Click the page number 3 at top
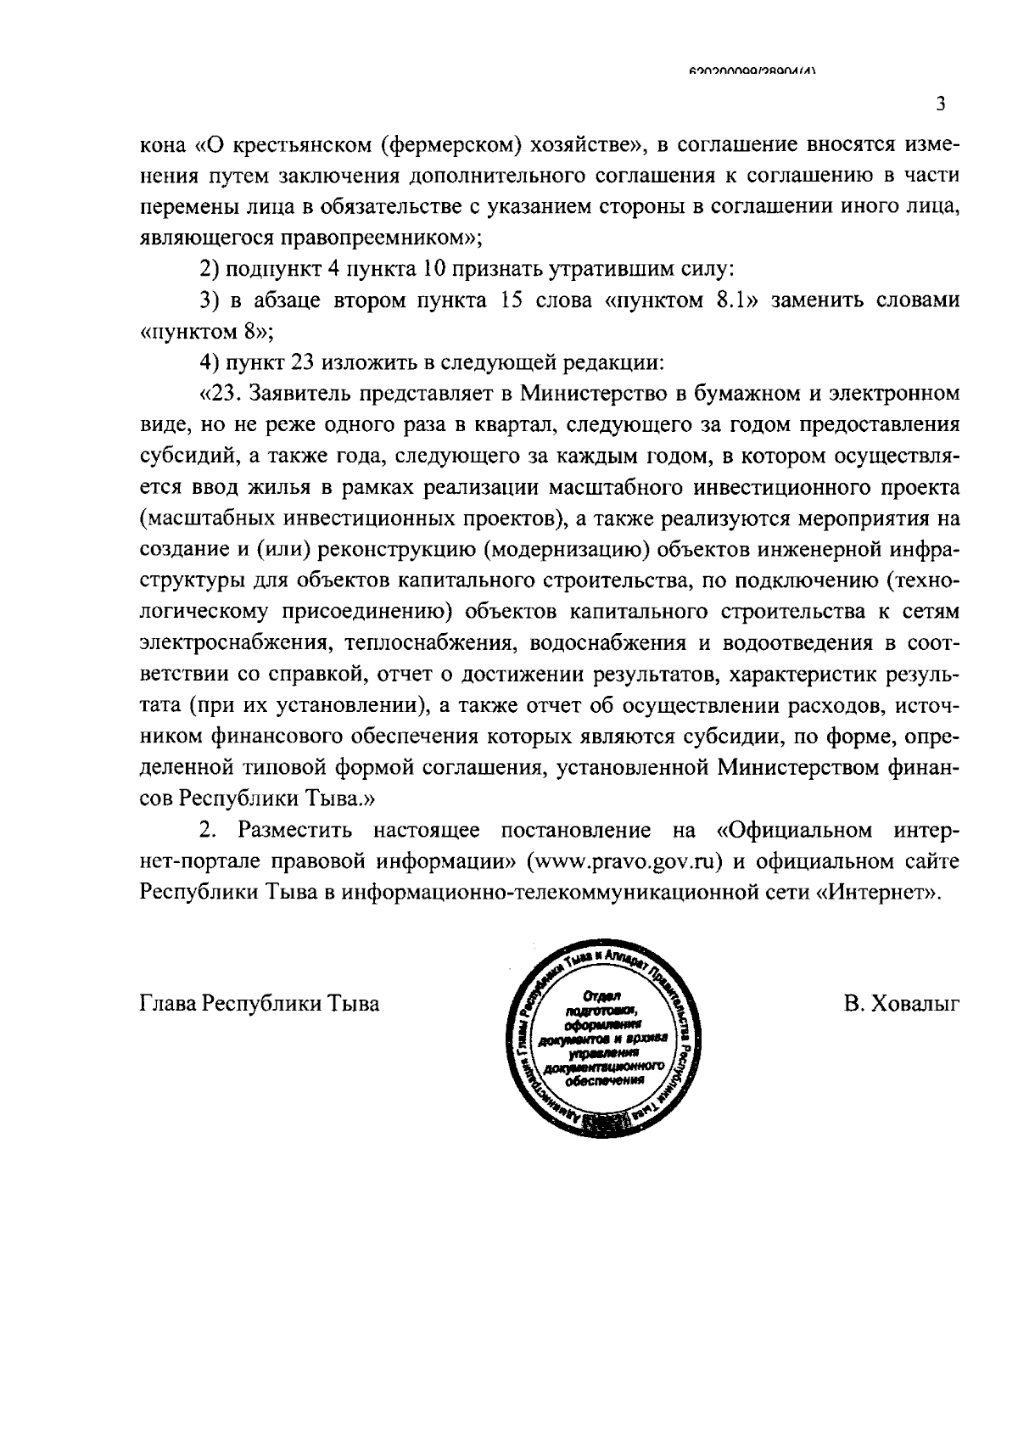pyautogui.click(x=940, y=104)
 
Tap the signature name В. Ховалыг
pyautogui.click(x=901, y=1004)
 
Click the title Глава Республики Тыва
pyautogui.click(x=259, y=1004)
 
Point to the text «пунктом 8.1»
pyautogui.click(x=678, y=300)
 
